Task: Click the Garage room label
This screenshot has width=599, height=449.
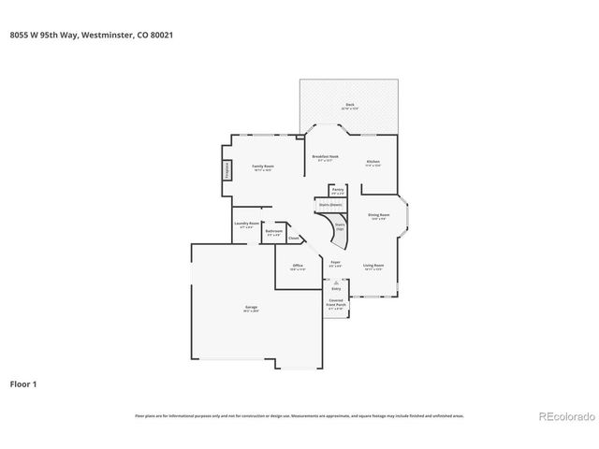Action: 252,308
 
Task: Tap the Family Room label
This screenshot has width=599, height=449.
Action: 262,167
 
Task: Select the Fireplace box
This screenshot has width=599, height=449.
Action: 226,170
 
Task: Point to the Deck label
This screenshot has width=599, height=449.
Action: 349,106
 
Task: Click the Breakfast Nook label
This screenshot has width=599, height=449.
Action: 326,157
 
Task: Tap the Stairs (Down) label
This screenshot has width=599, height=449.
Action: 329,204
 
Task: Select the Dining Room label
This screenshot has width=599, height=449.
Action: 378,216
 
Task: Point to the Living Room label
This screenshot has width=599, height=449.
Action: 373,267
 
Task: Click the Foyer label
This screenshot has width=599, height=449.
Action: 335,264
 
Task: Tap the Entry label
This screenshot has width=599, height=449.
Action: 336,289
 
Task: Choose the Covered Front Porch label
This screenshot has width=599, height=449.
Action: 336,305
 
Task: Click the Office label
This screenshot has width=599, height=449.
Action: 298,267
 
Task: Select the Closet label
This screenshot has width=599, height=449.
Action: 293,239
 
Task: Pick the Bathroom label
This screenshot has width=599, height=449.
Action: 273,232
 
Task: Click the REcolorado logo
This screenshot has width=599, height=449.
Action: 562,415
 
